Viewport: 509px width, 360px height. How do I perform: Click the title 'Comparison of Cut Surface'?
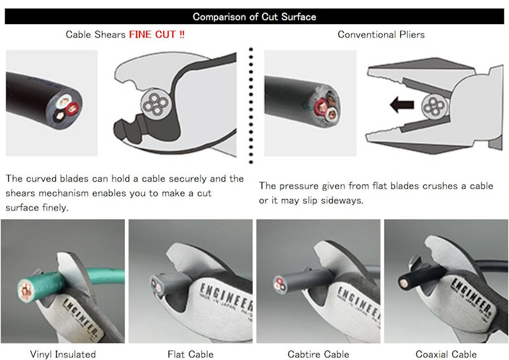[254, 17]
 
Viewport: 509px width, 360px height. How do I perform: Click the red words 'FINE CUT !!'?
[157, 34]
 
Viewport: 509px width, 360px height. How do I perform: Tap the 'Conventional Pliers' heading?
[381, 34]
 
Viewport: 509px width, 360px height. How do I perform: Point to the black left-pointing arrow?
[402, 104]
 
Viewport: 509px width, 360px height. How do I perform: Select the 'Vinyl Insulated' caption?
[62, 354]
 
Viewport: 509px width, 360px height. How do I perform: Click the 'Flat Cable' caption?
[190, 354]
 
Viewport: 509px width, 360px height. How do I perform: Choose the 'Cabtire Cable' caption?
[318, 354]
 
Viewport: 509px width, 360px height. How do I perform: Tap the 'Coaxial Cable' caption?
[446, 354]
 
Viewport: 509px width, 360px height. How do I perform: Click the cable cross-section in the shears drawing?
[155, 103]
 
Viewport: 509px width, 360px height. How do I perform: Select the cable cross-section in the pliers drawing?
[435, 106]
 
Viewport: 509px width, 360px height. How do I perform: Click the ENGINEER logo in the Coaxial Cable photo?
[471, 294]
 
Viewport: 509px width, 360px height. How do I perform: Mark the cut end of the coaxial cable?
[403, 284]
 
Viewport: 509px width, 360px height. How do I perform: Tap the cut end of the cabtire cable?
[279, 284]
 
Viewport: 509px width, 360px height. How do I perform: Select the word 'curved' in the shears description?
[41, 179]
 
